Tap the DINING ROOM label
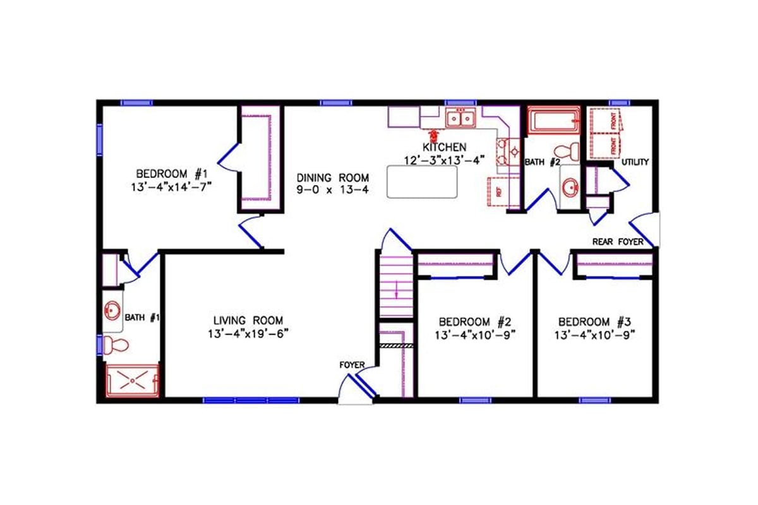(x=333, y=177)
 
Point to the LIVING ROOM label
(x=248, y=320)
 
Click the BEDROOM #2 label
(x=475, y=321)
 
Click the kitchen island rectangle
(x=422, y=182)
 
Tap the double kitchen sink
(x=459, y=117)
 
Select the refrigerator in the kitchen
(x=503, y=191)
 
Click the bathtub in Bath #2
(x=554, y=121)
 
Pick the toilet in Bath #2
(x=565, y=151)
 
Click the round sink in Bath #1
(x=112, y=311)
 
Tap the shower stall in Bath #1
(x=133, y=381)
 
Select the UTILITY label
(x=635, y=162)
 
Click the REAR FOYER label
(x=617, y=242)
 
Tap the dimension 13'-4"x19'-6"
(x=248, y=333)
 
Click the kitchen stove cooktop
(x=507, y=150)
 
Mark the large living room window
(x=251, y=400)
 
